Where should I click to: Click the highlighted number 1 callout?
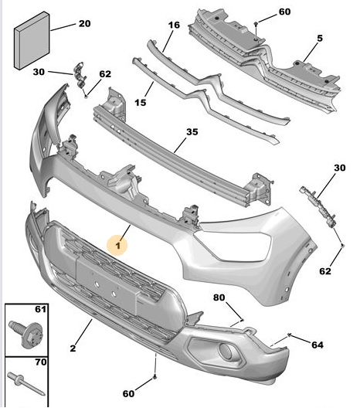click(x=117, y=245)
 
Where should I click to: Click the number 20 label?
click(x=85, y=24)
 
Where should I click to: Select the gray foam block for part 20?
click(x=32, y=40)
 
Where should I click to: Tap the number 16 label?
click(x=174, y=25)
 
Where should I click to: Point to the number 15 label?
click(x=141, y=103)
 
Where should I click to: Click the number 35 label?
click(x=192, y=132)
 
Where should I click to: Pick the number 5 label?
click(x=320, y=39)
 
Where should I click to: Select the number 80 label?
click(x=219, y=297)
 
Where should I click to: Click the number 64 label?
click(x=318, y=345)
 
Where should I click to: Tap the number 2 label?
click(x=73, y=348)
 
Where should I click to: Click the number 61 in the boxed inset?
click(x=40, y=309)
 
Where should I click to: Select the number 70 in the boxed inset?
click(x=40, y=362)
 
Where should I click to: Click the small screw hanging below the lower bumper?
click(x=155, y=376)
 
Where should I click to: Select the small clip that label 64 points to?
click(x=289, y=335)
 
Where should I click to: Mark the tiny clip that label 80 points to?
click(x=242, y=320)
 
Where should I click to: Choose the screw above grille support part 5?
click(x=256, y=24)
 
